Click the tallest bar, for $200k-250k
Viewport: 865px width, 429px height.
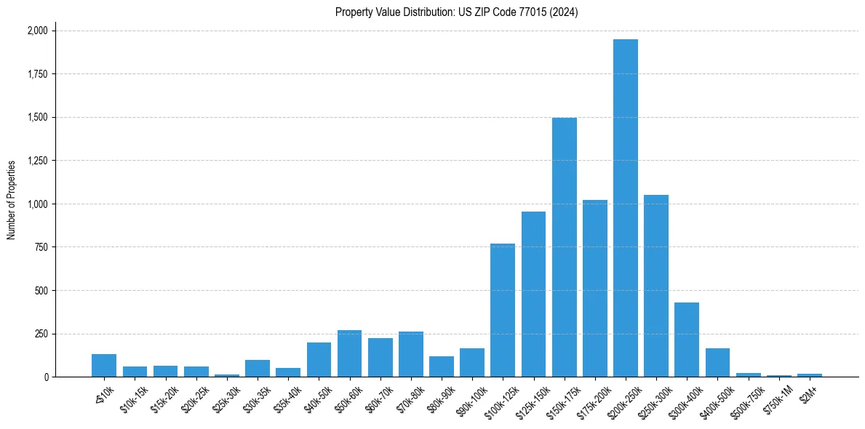coord(625,208)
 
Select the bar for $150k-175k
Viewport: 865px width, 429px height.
coord(564,247)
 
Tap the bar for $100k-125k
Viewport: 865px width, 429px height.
coord(503,310)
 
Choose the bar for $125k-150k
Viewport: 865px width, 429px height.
coord(533,294)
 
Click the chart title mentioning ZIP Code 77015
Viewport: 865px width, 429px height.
coord(456,12)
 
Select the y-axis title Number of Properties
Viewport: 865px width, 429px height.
coord(12,200)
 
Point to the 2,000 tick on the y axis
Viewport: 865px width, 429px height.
coord(37,31)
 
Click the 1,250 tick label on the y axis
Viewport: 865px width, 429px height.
coord(37,161)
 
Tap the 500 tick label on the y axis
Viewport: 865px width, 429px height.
coord(41,291)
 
